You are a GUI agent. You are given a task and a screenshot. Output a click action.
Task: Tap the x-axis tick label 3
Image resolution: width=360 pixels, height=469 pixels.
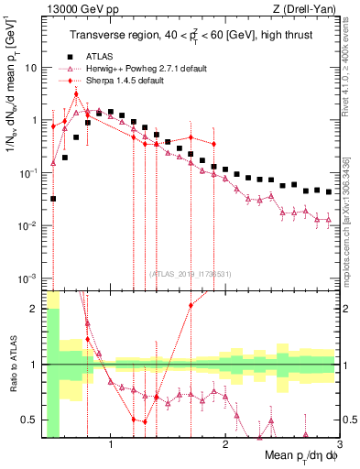click(x=338, y=447)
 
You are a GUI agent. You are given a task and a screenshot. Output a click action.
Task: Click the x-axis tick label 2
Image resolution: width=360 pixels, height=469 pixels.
click(x=224, y=447)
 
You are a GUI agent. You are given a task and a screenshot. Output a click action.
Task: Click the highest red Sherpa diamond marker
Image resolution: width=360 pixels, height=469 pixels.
click(x=76, y=93)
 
